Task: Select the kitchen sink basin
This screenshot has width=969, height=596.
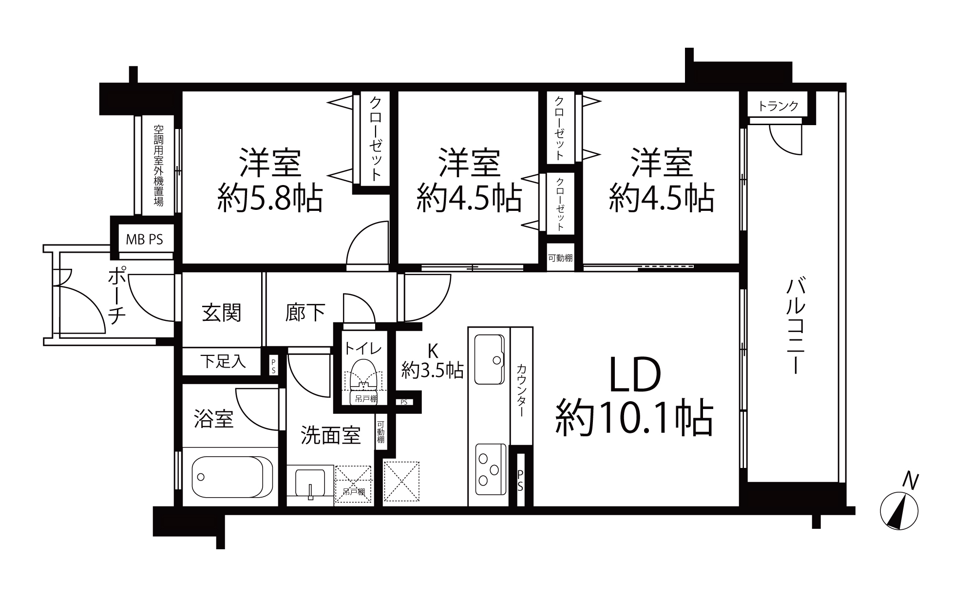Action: [489, 359]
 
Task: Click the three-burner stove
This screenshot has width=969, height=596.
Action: [489, 470]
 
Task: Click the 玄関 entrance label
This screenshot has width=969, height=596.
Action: [222, 313]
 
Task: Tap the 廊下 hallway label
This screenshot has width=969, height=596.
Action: [305, 313]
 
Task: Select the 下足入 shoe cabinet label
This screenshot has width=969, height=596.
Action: [223, 361]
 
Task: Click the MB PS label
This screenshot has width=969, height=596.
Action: [144, 240]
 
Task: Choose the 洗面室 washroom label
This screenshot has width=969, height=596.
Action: [330, 435]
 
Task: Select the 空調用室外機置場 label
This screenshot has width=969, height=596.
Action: [158, 166]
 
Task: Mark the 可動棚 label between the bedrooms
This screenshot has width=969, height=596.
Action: [560, 258]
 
